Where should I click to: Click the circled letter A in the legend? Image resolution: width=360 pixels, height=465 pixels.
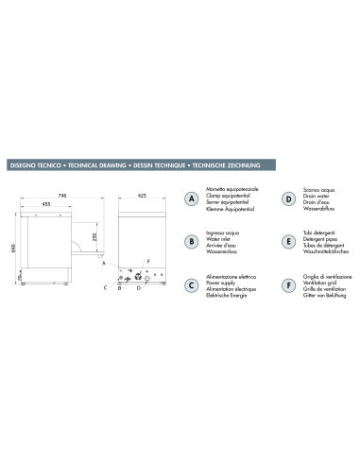point(191,200)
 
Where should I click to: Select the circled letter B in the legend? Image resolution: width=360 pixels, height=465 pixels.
point(191,242)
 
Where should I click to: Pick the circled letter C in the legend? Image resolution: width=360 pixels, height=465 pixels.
point(191,284)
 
